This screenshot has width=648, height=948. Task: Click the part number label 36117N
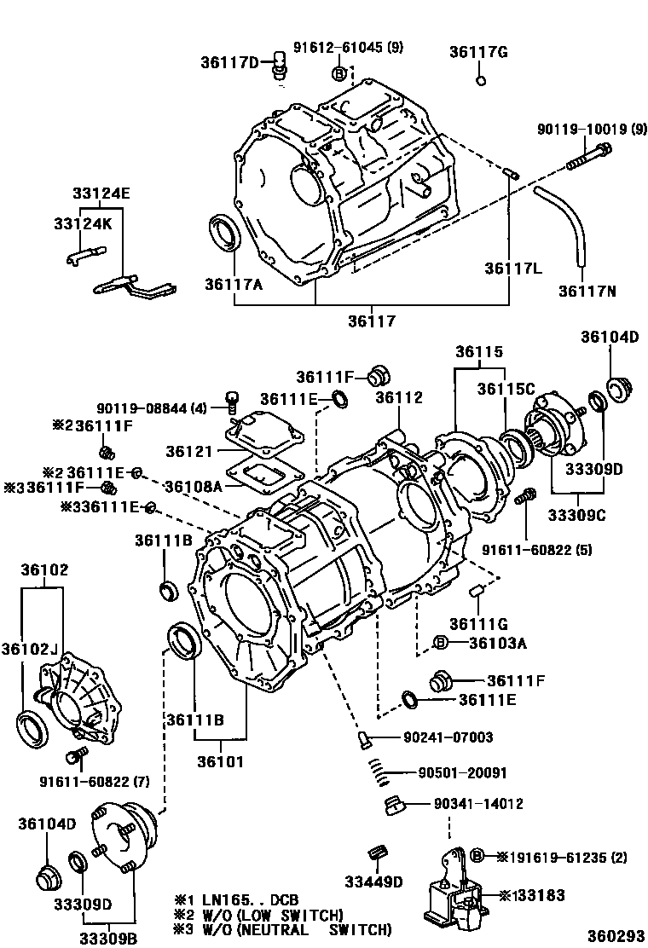click(x=587, y=291)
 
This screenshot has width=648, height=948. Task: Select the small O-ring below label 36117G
click(x=481, y=80)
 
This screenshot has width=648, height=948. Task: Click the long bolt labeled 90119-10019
click(x=588, y=156)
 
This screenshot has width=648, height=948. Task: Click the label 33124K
click(x=83, y=223)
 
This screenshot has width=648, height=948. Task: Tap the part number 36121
click(x=189, y=452)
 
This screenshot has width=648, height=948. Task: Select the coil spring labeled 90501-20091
click(x=380, y=772)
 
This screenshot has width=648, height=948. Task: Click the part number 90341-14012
click(x=478, y=804)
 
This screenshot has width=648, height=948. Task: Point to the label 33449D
click(x=373, y=882)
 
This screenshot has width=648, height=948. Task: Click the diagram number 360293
click(x=616, y=936)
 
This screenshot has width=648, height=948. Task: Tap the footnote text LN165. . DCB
click(x=251, y=899)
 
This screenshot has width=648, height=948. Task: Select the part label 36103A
click(x=497, y=643)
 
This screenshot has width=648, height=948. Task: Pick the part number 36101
click(x=221, y=762)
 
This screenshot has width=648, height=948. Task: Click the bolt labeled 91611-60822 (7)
click(x=78, y=755)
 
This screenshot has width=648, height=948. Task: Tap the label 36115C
click(x=506, y=389)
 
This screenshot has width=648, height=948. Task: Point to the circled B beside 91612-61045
click(x=339, y=74)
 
